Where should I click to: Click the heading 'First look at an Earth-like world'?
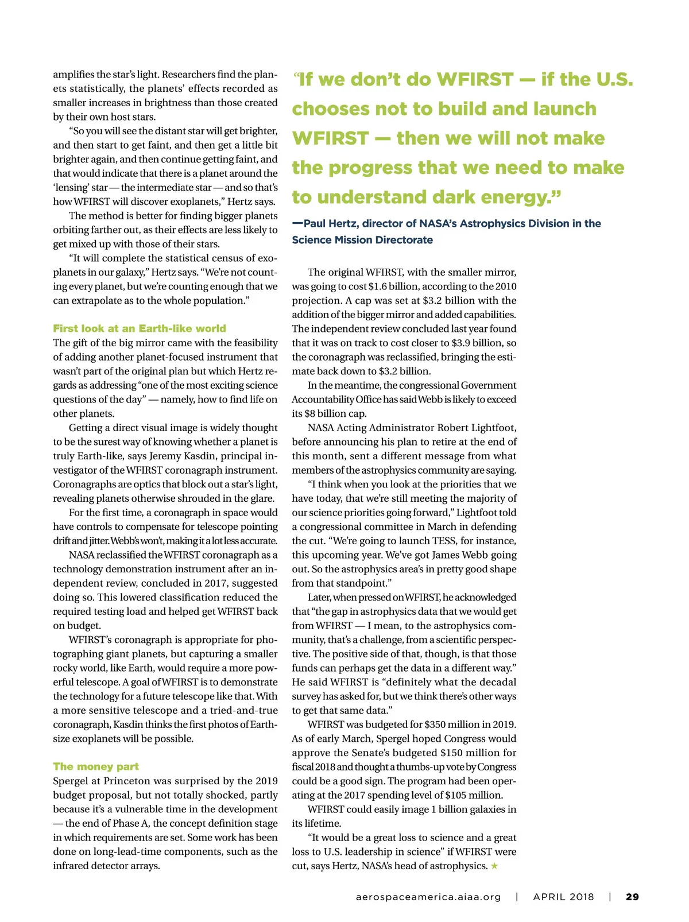[x=140, y=328]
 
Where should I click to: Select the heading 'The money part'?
[x=96, y=766]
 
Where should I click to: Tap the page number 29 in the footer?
[x=632, y=897]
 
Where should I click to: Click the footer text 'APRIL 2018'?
[x=563, y=897]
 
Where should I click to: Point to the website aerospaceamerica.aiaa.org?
[x=428, y=897]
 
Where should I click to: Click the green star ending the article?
[x=494, y=866]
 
